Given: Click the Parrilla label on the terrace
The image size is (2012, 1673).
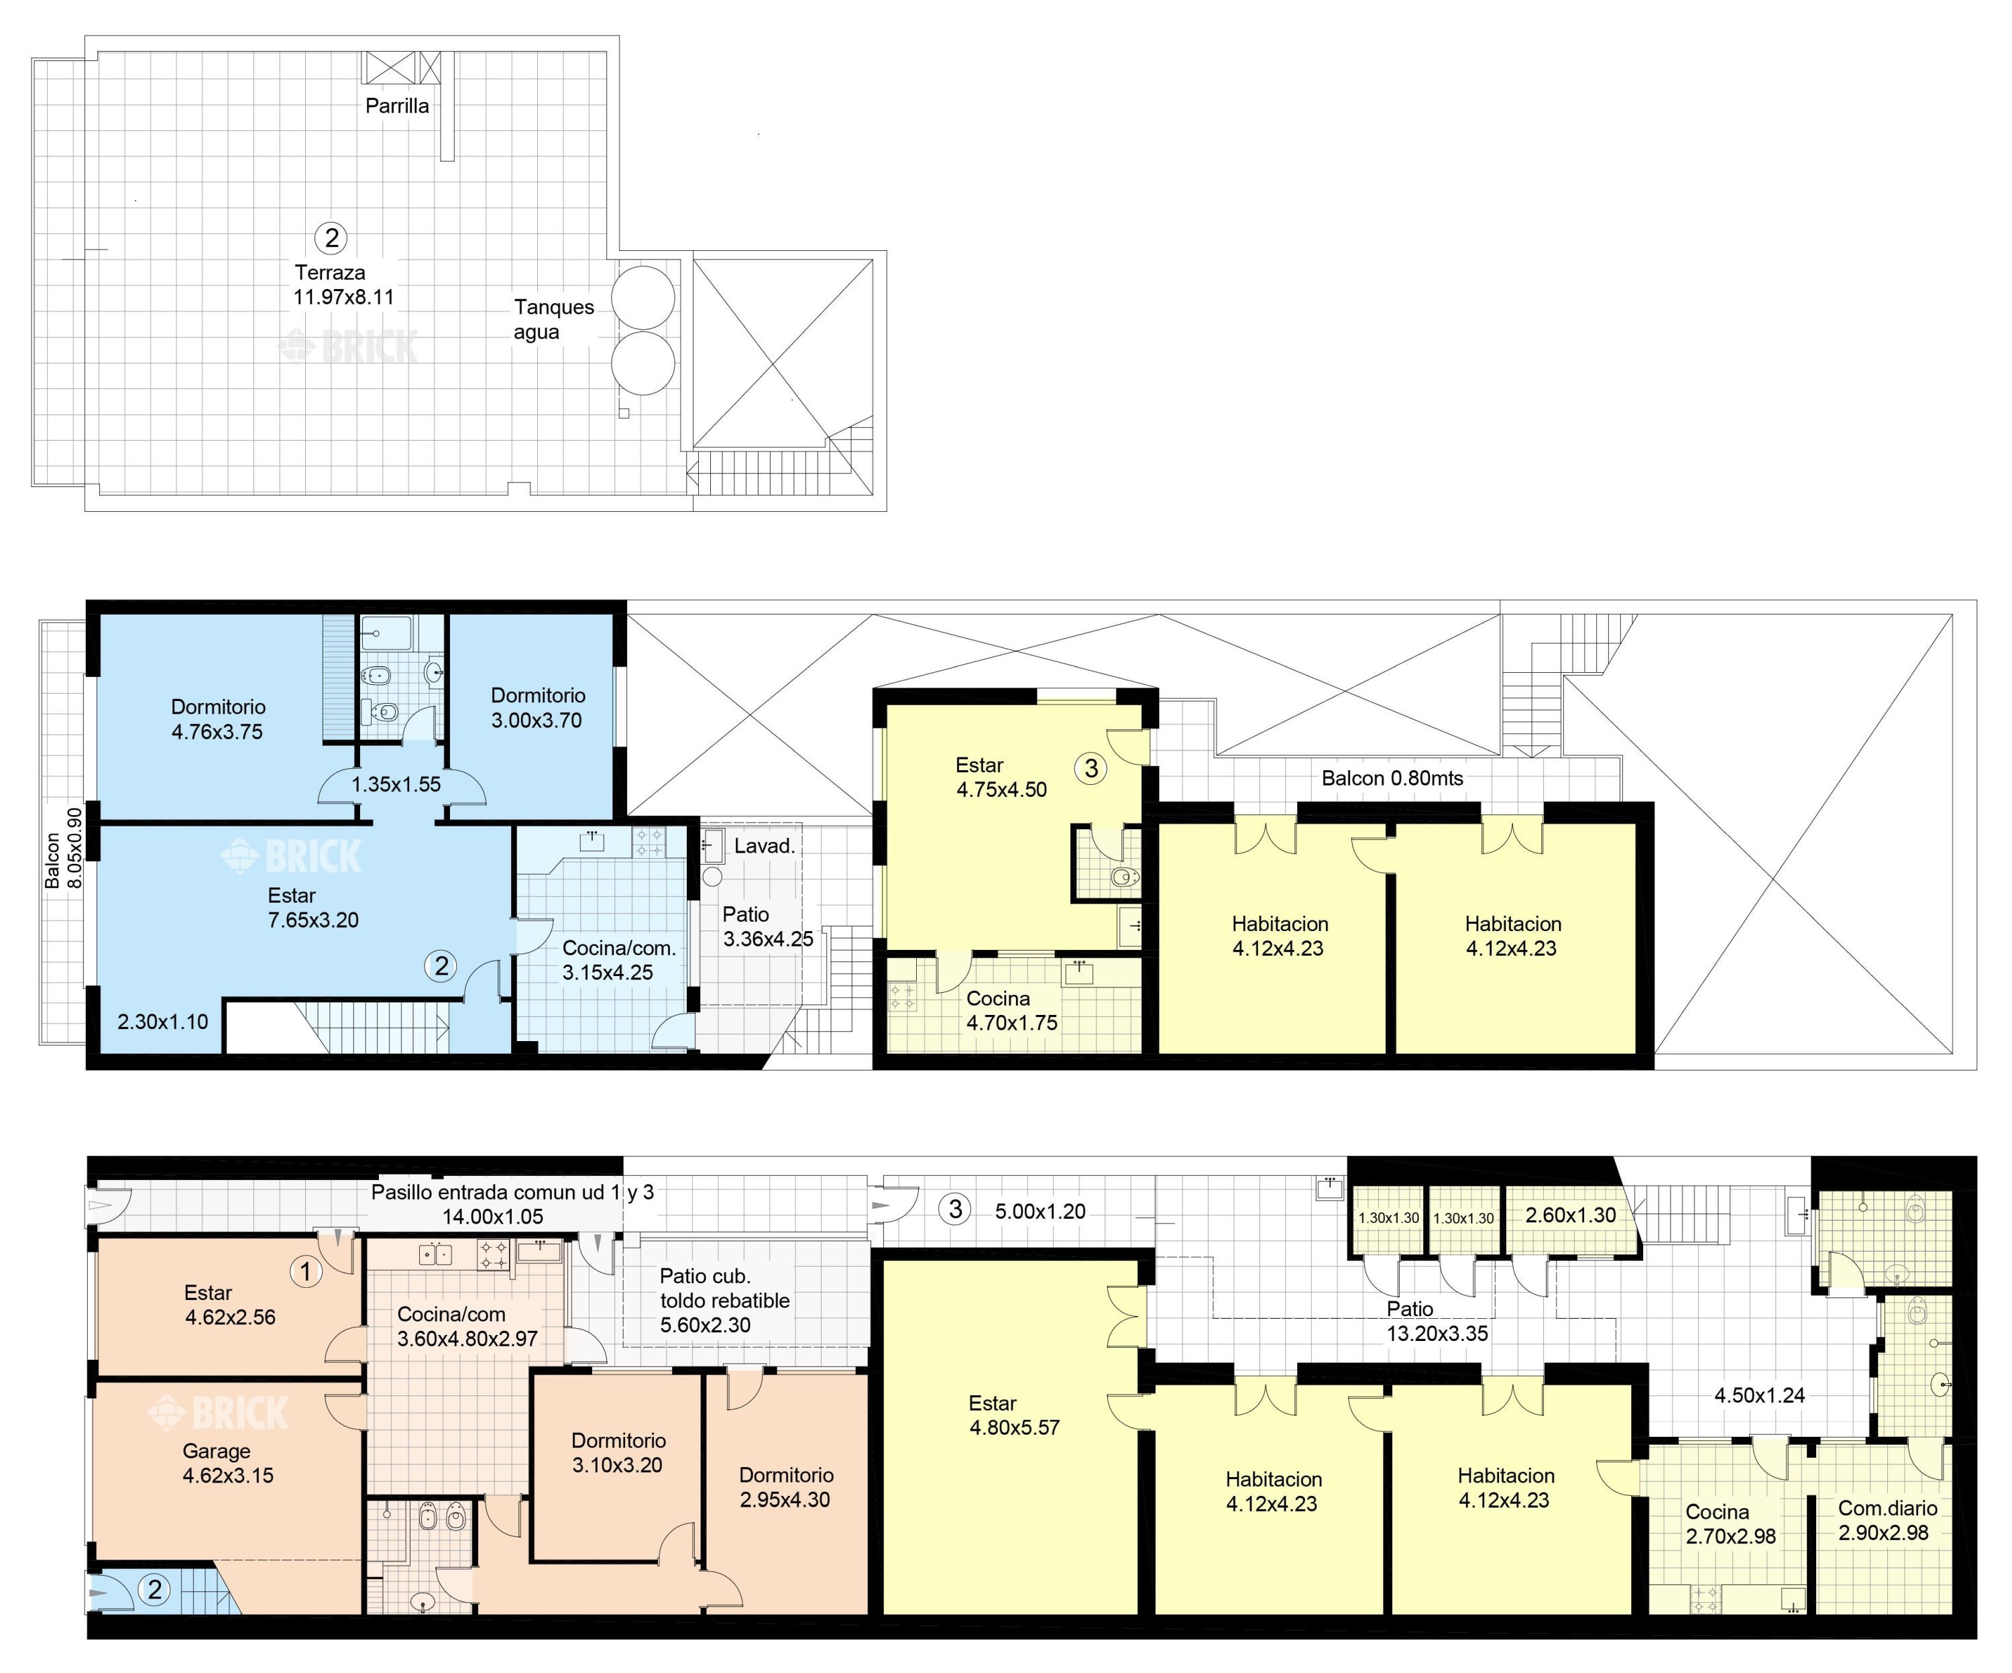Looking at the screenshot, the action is pos(396,105).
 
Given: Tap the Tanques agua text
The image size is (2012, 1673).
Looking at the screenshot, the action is pos(554,319).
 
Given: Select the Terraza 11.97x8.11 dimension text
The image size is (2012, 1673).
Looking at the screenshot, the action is pos(343,284).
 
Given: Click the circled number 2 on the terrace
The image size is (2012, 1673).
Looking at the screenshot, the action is pos(331,237).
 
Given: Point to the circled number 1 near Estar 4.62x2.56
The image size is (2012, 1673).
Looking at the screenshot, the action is pos(306,1271).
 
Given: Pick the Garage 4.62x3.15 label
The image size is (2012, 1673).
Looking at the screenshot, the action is pos(228,1463).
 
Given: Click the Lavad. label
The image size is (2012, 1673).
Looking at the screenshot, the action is pos(765,846).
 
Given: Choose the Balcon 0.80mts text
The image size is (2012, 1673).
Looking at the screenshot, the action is pos(1392,778).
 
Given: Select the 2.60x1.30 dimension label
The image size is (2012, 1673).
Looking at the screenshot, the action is pos(1570,1215).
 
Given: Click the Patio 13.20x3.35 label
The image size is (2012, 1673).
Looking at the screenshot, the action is pos(1437,1321).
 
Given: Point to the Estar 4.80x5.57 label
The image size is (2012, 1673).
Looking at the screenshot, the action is pos(1013,1415).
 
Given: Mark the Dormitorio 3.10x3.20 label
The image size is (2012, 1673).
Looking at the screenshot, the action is pos(618,1452).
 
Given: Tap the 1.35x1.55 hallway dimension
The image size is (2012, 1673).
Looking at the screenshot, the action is pos(396,784).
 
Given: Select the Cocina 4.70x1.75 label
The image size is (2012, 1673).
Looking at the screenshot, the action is pos(1012,1011).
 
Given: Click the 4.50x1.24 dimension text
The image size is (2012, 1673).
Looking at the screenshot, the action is pos(1759,1395).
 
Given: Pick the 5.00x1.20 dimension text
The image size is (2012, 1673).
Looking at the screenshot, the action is pos(1040,1211).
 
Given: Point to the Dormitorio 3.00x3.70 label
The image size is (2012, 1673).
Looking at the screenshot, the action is pos(537,708).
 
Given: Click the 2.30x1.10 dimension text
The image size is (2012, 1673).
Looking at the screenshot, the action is pos(163,1022).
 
